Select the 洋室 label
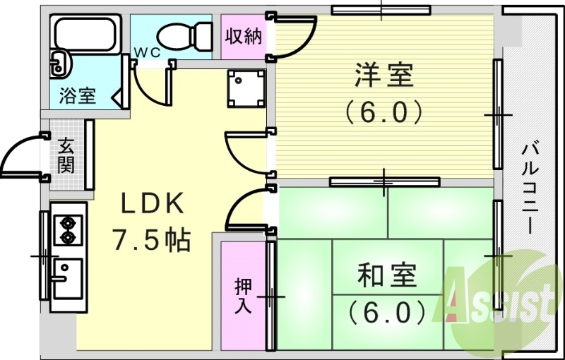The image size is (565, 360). pos(384,75)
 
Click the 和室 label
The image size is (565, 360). pos(386,275)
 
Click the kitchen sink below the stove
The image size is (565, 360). pos(68,277)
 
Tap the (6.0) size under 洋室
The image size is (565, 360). pos(384,111)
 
